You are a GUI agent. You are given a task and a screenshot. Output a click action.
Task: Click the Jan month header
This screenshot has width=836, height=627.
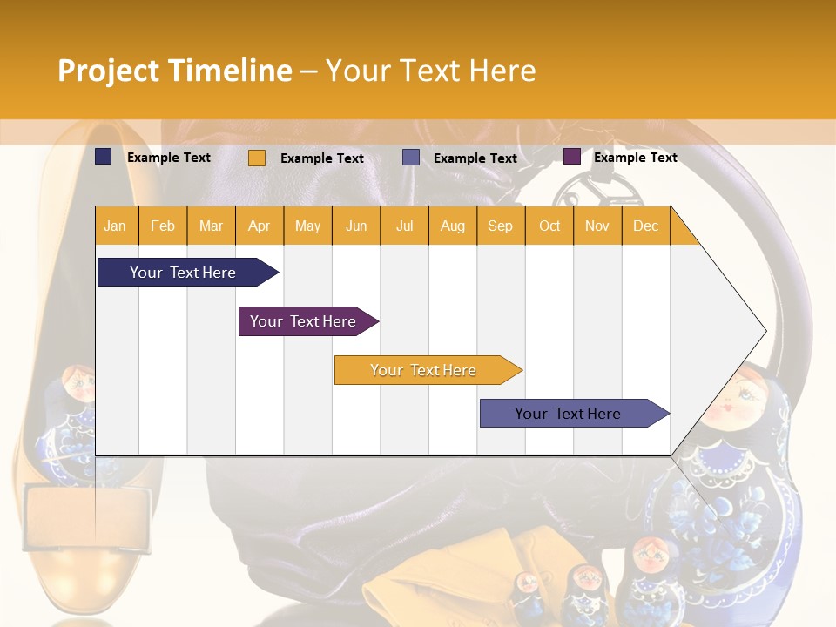click(x=115, y=226)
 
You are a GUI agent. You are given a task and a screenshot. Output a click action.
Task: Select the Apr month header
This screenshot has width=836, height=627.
click(x=260, y=226)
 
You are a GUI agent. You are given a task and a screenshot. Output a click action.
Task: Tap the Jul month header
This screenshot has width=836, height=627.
click(x=405, y=226)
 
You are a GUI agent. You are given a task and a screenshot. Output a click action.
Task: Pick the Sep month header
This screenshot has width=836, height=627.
click(x=500, y=226)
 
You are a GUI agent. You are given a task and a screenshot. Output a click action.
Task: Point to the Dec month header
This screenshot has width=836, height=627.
click(x=645, y=226)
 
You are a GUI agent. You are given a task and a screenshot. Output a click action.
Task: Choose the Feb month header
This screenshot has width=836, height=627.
click(x=163, y=226)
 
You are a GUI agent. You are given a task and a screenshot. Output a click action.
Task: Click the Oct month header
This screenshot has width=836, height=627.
click(x=549, y=226)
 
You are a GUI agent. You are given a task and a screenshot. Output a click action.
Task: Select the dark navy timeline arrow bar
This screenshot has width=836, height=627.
click(x=188, y=273)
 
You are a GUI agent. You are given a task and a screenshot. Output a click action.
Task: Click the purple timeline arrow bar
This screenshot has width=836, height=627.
click(x=308, y=321)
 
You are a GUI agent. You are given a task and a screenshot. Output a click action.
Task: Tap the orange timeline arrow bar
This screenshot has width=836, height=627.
click(x=428, y=370)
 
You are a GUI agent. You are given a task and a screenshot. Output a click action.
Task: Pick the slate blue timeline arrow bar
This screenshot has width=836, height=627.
click(x=575, y=413)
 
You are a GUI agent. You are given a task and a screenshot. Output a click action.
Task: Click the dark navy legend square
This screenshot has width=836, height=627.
click(x=104, y=157)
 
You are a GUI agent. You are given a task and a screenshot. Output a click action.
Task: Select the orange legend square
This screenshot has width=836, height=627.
click(x=257, y=158)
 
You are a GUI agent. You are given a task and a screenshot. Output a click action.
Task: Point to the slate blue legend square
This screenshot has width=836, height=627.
click(x=410, y=158)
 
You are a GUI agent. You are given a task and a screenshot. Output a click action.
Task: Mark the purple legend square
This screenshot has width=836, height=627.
click(x=572, y=157)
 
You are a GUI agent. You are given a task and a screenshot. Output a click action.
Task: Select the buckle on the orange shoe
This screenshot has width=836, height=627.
click(x=86, y=517)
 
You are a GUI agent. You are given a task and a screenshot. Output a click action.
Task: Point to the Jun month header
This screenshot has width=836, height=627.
click(x=356, y=226)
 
